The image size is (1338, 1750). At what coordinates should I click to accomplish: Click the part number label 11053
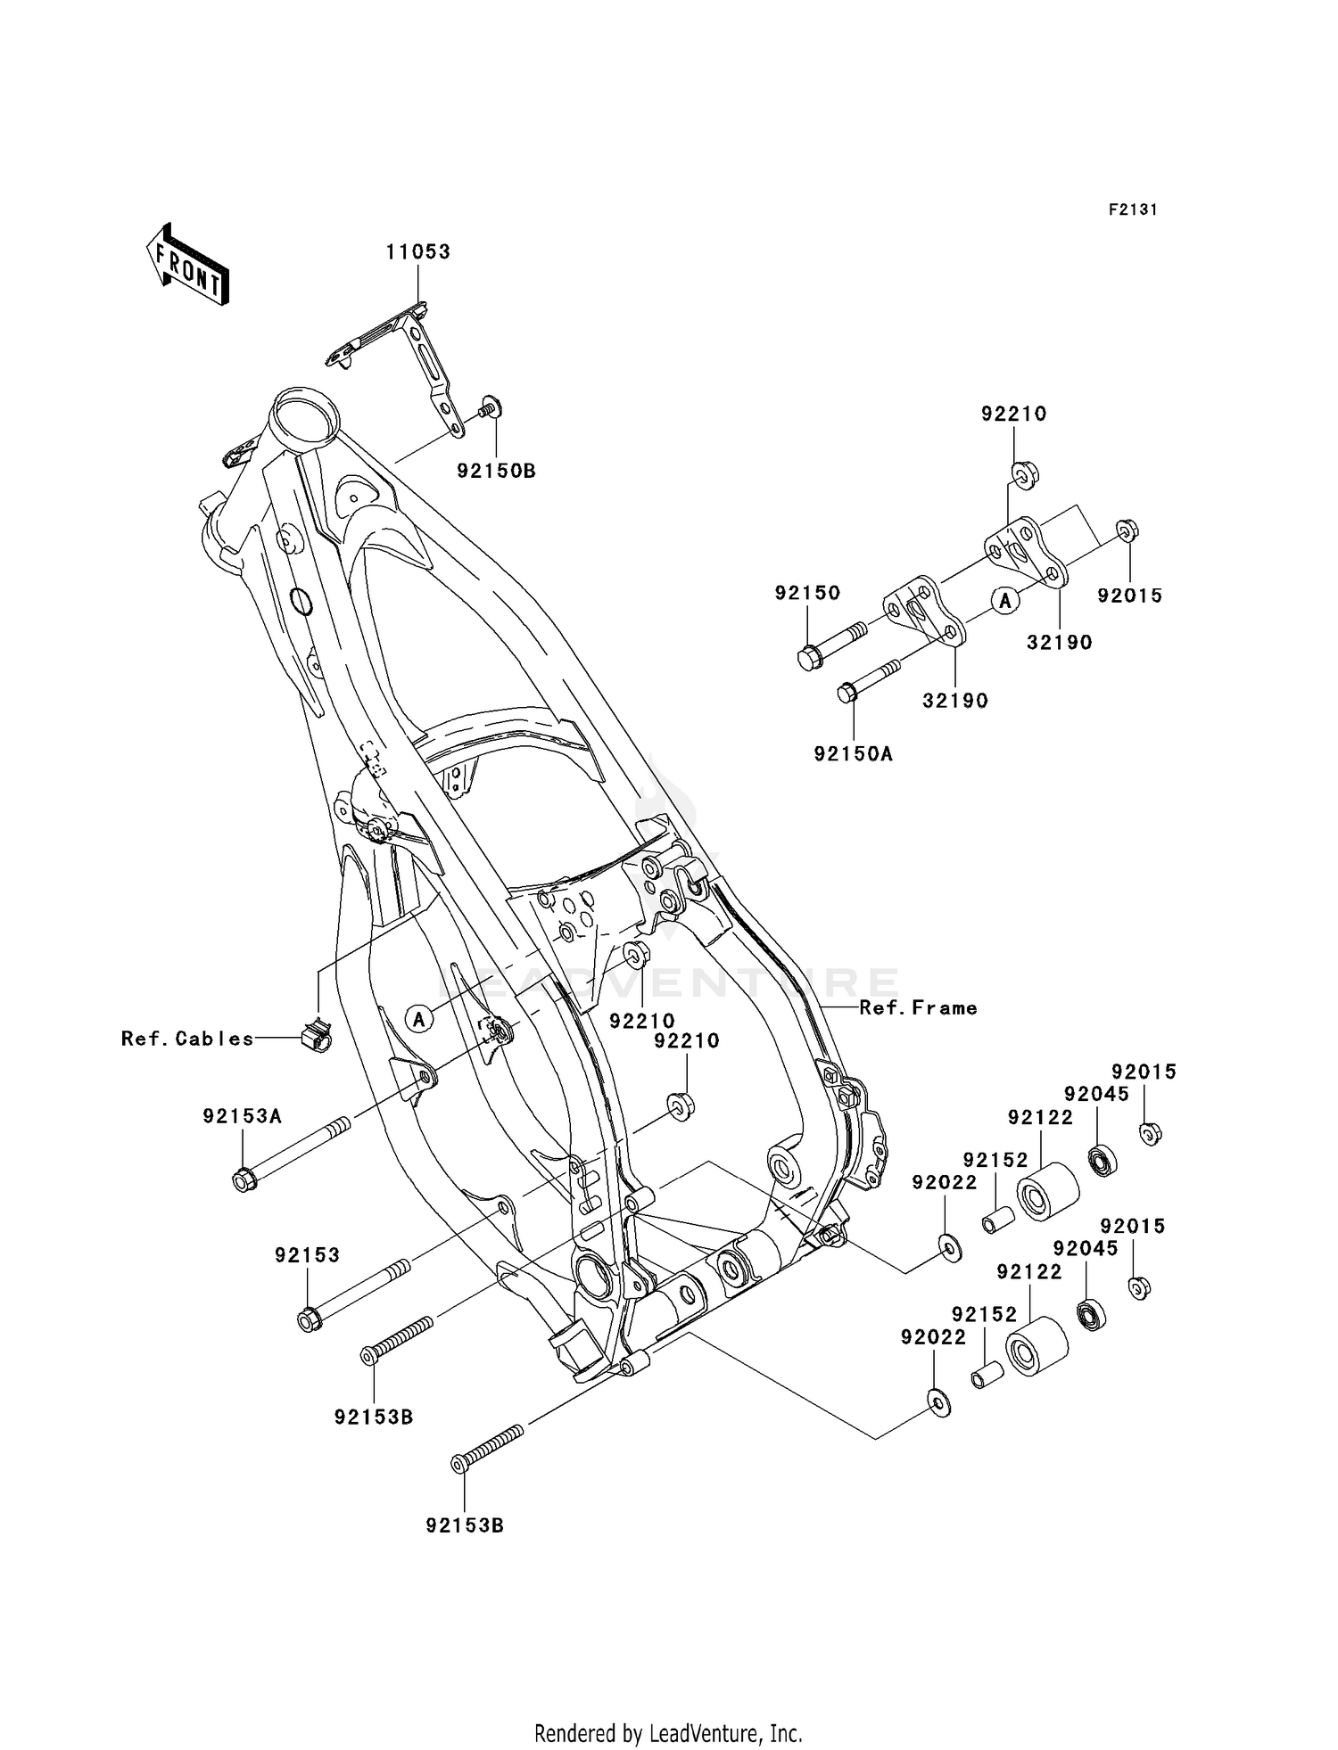417,252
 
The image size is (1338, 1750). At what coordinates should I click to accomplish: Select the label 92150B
496,472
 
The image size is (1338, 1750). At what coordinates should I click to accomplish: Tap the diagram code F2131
1133,210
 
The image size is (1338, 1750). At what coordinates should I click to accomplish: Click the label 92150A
853,754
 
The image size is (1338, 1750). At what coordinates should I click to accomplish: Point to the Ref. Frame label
918,1007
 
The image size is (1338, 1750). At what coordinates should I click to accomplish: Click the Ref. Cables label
187,1039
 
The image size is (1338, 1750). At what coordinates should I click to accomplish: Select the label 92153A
242,1116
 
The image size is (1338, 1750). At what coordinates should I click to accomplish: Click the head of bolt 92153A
243,1181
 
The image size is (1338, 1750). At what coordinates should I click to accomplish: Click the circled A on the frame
418,1017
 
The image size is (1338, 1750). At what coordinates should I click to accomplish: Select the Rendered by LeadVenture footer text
668,1733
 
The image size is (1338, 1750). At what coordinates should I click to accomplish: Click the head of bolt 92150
808,659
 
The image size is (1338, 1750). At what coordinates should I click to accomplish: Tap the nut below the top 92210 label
1023,472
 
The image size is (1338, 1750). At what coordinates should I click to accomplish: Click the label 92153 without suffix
307,1255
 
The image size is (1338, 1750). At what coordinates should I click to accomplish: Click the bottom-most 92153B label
465,1525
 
